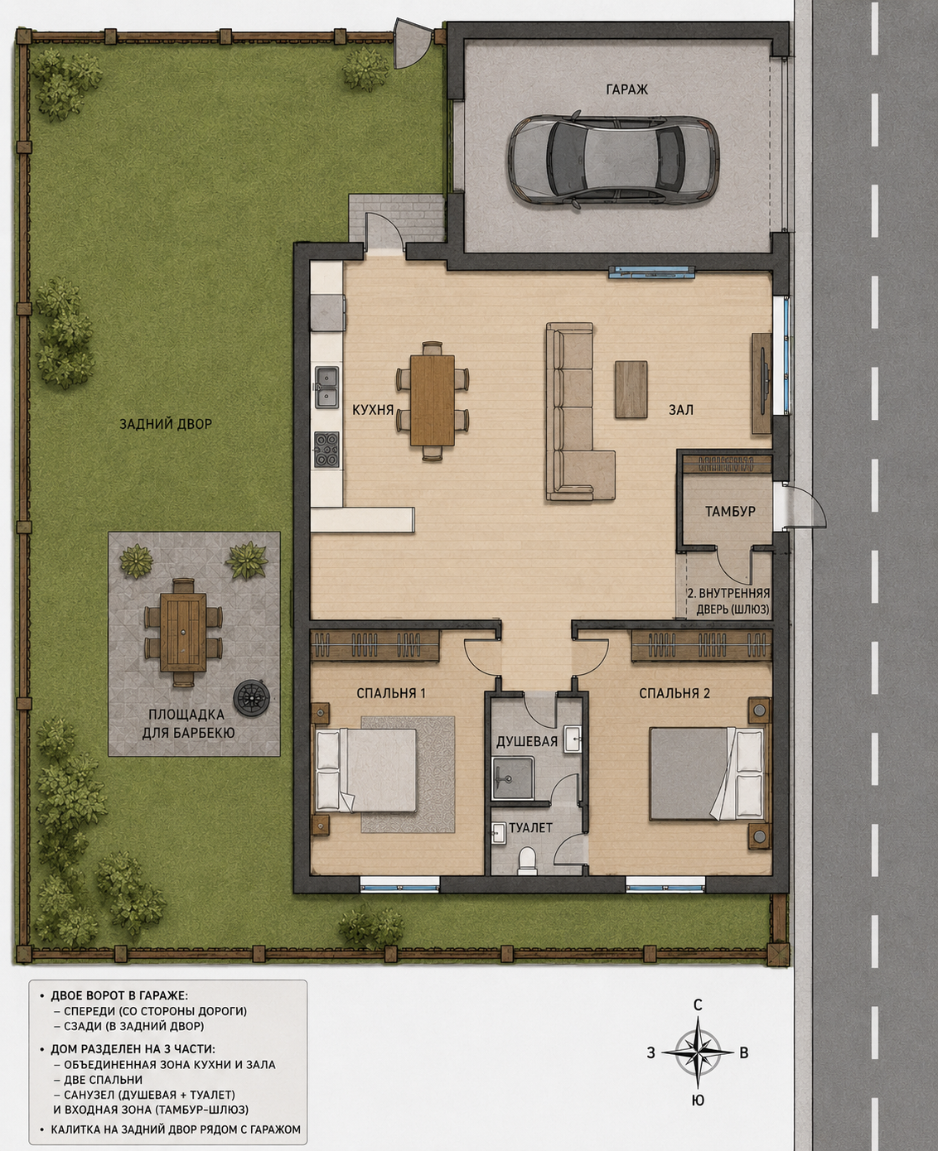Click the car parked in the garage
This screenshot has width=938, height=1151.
tap(613, 160)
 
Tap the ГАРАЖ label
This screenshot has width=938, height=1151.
tap(626, 89)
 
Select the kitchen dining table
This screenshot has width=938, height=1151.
tap(432, 401)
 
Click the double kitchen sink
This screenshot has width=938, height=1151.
tap(326, 388)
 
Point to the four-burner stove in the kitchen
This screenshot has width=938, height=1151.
tap(326, 449)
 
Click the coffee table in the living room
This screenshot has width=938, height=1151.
tap(631, 389)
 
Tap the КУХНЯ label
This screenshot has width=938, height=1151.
tap(373, 410)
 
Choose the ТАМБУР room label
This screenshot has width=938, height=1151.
tap(730, 511)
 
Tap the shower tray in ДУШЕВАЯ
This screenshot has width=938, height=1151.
tap(513, 778)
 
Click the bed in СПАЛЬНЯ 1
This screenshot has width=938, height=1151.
tap(365, 770)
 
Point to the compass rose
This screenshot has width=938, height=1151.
tap(698, 1052)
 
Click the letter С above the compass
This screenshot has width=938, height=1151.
tap(698, 1005)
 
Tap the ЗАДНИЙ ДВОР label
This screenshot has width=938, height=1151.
tap(166, 424)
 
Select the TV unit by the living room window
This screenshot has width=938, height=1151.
tap(762, 383)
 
